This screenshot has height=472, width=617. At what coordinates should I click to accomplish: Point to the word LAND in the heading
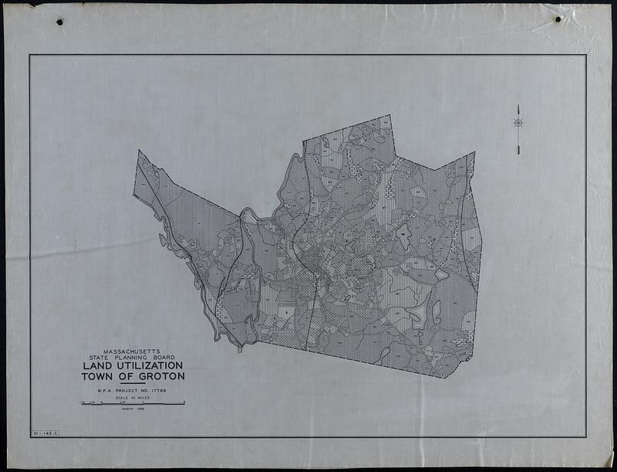pos(97,366)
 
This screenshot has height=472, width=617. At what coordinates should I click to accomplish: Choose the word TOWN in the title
pos(97,377)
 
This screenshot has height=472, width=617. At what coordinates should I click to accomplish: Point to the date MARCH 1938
pos(133,409)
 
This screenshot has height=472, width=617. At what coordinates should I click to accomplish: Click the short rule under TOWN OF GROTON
pos(133,385)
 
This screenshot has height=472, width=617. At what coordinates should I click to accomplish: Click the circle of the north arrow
pos(518,122)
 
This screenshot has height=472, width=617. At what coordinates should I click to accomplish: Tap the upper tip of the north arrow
pos(518,105)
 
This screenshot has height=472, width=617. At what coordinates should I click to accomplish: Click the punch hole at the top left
pos(59,22)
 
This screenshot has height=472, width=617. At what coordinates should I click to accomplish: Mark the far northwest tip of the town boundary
pos(138,151)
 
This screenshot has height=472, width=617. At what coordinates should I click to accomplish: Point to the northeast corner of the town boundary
pos(474,153)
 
